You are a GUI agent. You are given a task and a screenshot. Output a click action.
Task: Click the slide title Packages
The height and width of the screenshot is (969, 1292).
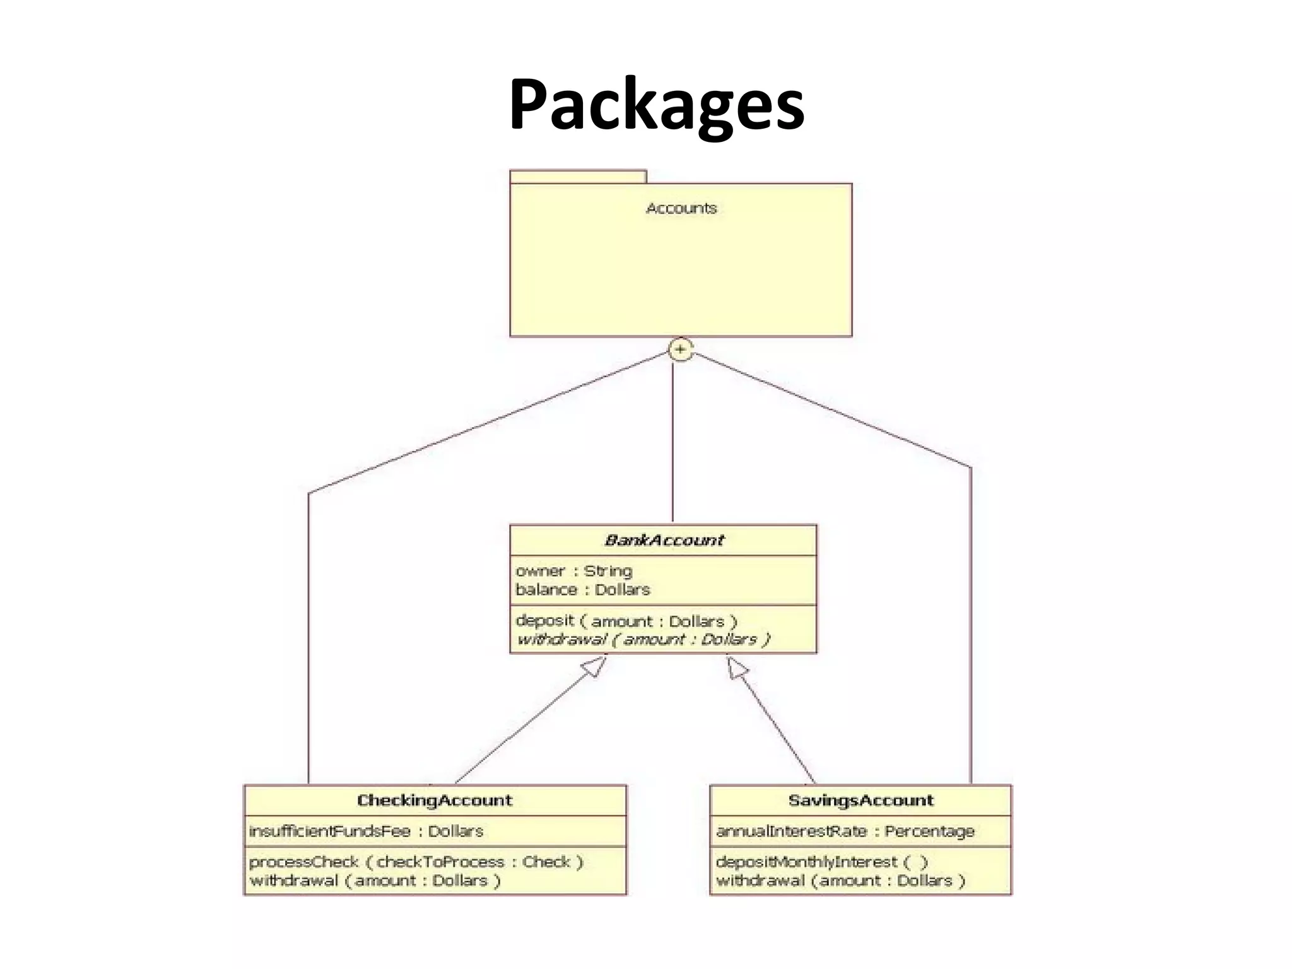click(x=656, y=104)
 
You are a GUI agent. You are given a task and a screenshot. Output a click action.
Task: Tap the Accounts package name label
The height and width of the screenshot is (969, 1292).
click(x=681, y=208)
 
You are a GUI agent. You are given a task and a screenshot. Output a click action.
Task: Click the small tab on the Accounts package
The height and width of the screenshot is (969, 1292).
click(x=578, y=177)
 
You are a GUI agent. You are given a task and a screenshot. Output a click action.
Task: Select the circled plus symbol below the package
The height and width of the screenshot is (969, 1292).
click(x=681, y=349)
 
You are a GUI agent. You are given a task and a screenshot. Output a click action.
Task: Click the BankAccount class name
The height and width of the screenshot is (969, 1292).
click(x=664, y=540)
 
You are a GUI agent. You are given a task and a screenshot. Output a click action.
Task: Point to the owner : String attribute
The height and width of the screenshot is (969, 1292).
click(x=573, y=571)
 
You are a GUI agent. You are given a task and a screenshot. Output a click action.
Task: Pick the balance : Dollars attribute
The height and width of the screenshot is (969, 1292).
click(x=582, y=590)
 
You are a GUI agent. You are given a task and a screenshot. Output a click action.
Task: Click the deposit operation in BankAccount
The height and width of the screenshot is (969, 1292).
click(x=626, y=621)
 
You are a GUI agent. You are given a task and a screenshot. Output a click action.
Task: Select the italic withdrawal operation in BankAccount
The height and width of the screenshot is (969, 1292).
click(x=643, y=640)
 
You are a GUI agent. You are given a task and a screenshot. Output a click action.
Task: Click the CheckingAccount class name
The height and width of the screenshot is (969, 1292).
click(x=435, y=801)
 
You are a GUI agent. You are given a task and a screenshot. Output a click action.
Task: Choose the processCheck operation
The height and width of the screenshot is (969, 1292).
click(x=416, y=862)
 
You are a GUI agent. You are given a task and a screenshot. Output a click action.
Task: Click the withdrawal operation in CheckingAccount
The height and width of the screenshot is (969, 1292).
click(x=375, y=881)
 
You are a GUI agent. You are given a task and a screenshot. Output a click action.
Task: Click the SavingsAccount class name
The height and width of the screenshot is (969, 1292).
click(x=860, y=801)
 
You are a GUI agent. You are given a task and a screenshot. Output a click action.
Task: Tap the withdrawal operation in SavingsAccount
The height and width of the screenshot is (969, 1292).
click(x=840, y=881)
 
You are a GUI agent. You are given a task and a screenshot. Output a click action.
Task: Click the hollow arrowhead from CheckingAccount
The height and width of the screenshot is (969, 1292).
click(x=594, y=667)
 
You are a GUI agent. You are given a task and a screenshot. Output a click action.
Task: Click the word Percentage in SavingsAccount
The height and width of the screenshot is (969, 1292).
click(x=929, y=831)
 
